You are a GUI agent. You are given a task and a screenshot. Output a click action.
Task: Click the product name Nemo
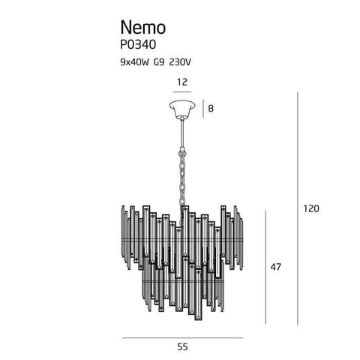(x=143, y=27)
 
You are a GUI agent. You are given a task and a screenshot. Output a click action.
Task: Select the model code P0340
(x=138, y=45)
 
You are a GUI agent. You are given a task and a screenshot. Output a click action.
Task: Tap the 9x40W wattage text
(x=134, y=62)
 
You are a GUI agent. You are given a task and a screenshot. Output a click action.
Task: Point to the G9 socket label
(x=159, y=62)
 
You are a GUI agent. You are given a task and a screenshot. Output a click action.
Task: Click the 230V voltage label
(x=180, y=62)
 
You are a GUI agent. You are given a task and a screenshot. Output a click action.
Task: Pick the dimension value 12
(x=182, y=82)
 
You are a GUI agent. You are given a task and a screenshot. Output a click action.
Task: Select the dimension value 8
(x=211, y=109)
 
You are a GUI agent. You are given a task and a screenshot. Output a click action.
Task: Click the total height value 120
(x=311, y=208)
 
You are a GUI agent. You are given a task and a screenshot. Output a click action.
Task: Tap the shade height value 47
(x=275, y=267)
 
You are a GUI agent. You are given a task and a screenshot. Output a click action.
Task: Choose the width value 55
(x=182, y=347)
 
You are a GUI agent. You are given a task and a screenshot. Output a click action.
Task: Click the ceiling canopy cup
(x=182, y=109)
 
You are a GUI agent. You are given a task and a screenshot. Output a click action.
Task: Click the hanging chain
(x=183, y=179)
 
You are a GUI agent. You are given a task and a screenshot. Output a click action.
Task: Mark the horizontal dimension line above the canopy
(x=182, y=92)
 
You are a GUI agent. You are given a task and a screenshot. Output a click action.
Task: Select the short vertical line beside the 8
(x=203, y=109)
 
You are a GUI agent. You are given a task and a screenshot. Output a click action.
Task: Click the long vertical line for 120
(x=298, y=208)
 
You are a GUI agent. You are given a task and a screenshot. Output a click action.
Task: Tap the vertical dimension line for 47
(x=265, y=267)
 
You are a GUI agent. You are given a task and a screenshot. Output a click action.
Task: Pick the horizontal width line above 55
(x=182, y=338)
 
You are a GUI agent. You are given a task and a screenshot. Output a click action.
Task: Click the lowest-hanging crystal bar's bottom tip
(x=199, y=319)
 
